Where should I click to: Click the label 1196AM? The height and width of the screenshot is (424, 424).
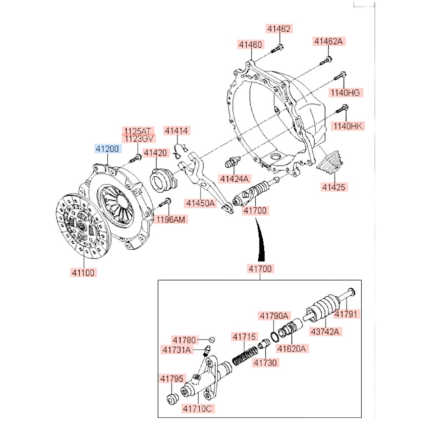point(171,219)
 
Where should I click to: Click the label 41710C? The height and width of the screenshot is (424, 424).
point(197,409)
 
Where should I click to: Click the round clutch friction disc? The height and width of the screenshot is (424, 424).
point(83,224)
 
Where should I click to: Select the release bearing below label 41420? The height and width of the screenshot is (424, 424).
point(162,179)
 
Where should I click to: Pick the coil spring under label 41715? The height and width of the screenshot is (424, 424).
point(244,356)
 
